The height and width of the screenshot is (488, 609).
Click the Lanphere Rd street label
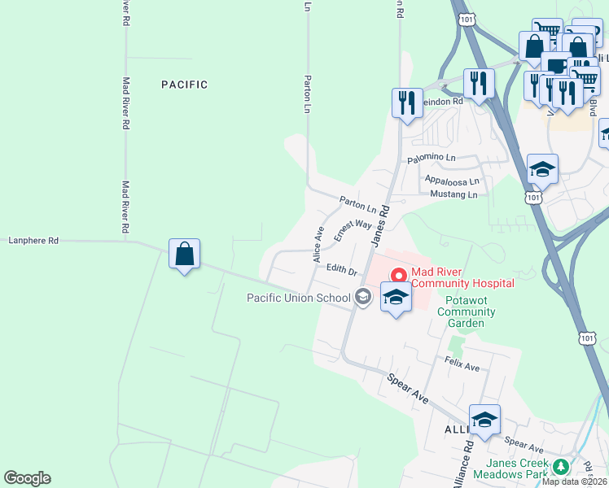[x=33, y=241]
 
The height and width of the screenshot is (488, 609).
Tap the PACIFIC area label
[x=184, y=85]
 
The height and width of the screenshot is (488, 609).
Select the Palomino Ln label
[x=450, y=157]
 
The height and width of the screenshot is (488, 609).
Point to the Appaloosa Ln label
[x=453, y=182]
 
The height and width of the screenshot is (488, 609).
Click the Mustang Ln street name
[x=453, y=195]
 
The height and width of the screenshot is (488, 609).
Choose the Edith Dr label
[x=342, y=269]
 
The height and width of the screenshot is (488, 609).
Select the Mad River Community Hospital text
[x=462, y=277]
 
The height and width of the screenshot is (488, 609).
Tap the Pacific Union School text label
[x=299, y=298]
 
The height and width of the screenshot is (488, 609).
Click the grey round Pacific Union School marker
[x=364, y=298]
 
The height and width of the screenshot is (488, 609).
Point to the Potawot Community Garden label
[x=465, y=312]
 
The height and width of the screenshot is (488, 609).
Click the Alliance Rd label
[x=462, y=464]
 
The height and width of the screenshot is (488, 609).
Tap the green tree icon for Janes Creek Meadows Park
[x=561, y=467]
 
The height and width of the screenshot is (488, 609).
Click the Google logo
[x=27, y=478]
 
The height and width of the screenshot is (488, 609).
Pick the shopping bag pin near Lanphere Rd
[x=185, y=254]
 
